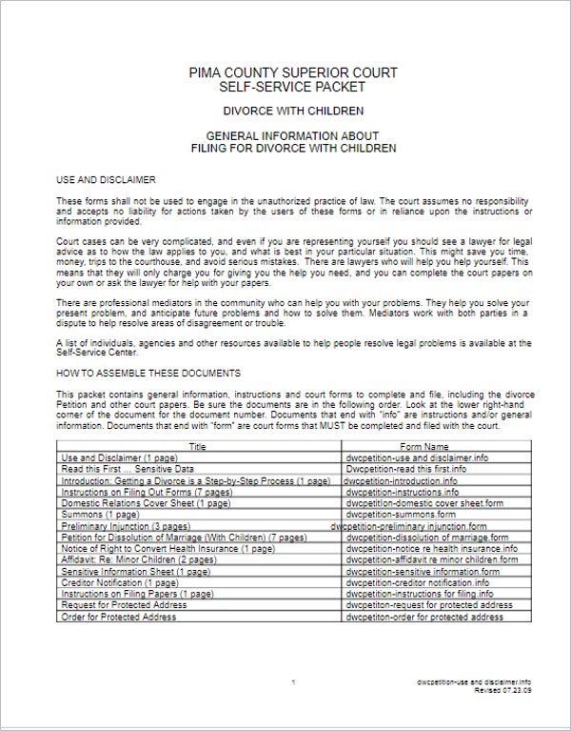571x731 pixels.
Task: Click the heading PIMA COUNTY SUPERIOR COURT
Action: pyautogui.click(x=293, y=73)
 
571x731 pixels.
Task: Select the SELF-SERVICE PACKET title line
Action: pyautogui.click(x=293, y=87)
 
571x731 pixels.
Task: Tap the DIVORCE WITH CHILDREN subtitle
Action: pyautogui.click(x=293, y=112)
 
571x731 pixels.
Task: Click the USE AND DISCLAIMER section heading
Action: pyautogui.click(x=106, y=179)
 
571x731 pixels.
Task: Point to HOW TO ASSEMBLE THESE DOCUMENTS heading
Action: pyautogui.click(x=148, y=373)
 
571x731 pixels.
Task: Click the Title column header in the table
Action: pyautogui.click(x=197, y=446)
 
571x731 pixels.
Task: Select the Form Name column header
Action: pyautogui.click(x=423, y=446)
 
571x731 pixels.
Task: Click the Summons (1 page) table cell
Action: pyautogui.click(x=100, y=514)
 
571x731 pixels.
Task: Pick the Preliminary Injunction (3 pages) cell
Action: pyautogui.click(x=126, y=525)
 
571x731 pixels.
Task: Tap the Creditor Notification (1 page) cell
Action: pyautogui.click(x=119, y=582)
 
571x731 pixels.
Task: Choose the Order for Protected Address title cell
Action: pyautogui.click(x=118, y=617)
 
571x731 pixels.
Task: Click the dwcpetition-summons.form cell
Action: pyautogui.click(x=401, y=514)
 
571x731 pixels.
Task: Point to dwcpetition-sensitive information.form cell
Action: pyautogui.click(x=424, y=571)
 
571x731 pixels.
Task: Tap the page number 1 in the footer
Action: pyautogui.click(x=293, y=683)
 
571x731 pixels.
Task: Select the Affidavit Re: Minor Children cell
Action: pyautogui.click(x=138, y=559)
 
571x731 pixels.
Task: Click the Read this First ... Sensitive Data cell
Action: pyautogui.click(x=128, y=469)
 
